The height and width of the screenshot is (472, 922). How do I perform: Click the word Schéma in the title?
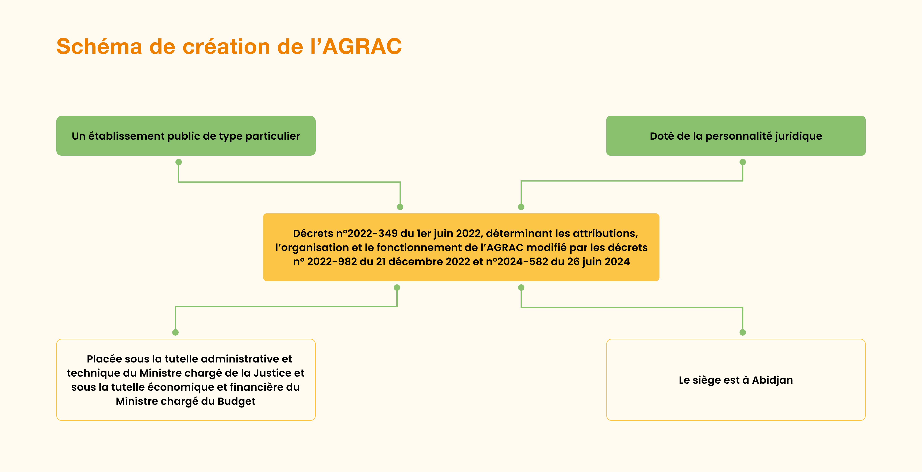[99, 47]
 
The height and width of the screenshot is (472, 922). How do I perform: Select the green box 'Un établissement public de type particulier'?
[186, 136]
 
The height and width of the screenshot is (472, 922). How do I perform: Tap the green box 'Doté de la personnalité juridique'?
[736, 136]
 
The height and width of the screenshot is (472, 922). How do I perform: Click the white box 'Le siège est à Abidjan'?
[736, 380]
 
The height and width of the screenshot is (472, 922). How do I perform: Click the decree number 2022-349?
[373, 234]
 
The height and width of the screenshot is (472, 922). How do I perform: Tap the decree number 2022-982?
[332, 262]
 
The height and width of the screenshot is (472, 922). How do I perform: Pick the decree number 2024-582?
[522, 262]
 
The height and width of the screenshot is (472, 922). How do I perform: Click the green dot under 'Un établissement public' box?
[179, 162]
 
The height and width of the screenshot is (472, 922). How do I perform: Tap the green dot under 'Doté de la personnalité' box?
[743, 162]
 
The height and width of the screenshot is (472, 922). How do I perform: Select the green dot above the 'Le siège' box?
[743, 332]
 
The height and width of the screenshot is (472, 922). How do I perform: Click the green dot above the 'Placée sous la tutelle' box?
[175, 332]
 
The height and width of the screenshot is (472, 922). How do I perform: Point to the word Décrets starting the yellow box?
[313, 234]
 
